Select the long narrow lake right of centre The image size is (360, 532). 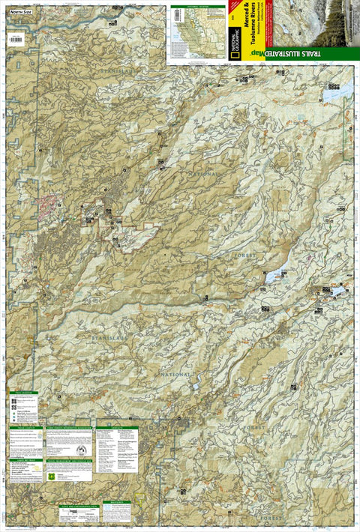(x=275, y=276)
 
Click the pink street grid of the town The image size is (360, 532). (x=51, y=205)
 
